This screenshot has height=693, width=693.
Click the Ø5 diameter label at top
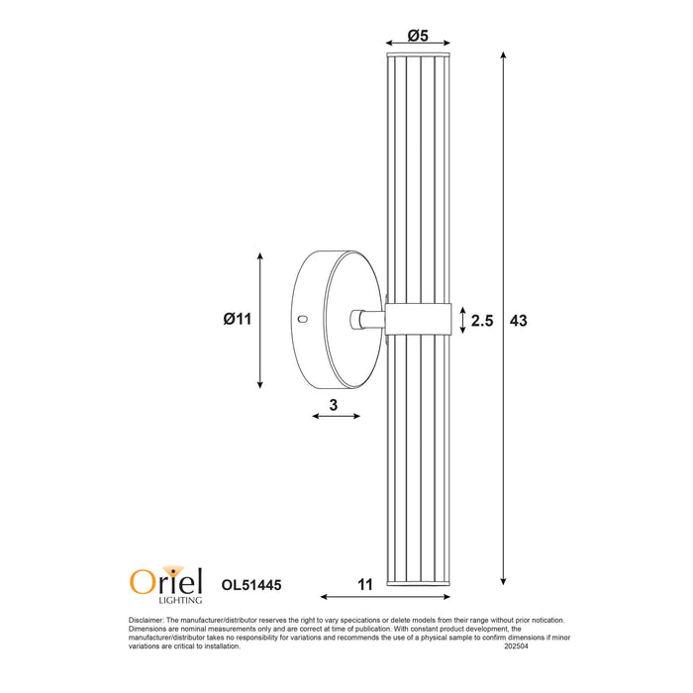tap(418, 37)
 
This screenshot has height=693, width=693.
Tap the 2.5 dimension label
tap(482, 321)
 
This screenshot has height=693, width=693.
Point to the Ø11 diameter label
tap(239, 319)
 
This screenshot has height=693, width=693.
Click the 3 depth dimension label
tap(335, 404)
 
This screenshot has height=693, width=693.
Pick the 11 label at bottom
tap(364, 584)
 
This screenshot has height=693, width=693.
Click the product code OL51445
tap(251, 585)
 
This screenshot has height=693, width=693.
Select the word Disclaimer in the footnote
tap(148, 621)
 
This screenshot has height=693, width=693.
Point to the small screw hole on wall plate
tap(304, 320)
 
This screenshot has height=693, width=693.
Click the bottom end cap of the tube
tap(418, 585)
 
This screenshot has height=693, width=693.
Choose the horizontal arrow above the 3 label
tap(337, 417)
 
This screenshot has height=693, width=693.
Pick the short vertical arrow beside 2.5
tap(462, 320)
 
